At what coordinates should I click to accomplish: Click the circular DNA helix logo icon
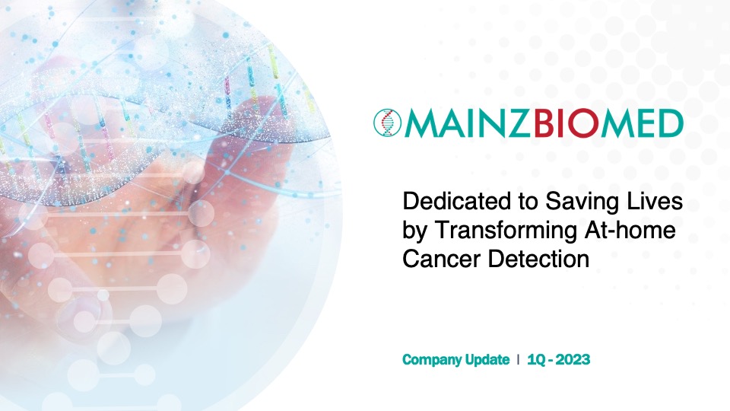coord(387,123)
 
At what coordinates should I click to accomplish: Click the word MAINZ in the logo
coord(468,123)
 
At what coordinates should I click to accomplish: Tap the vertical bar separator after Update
coord(519,360)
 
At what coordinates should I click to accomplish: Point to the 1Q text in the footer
coord(536,360)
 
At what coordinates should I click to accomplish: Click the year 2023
coord(573,360)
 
